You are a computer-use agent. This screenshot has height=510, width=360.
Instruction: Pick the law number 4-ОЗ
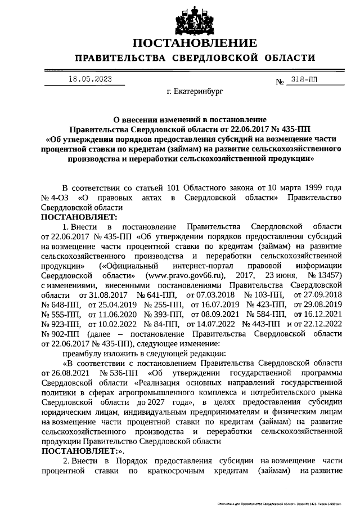(61, 198)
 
